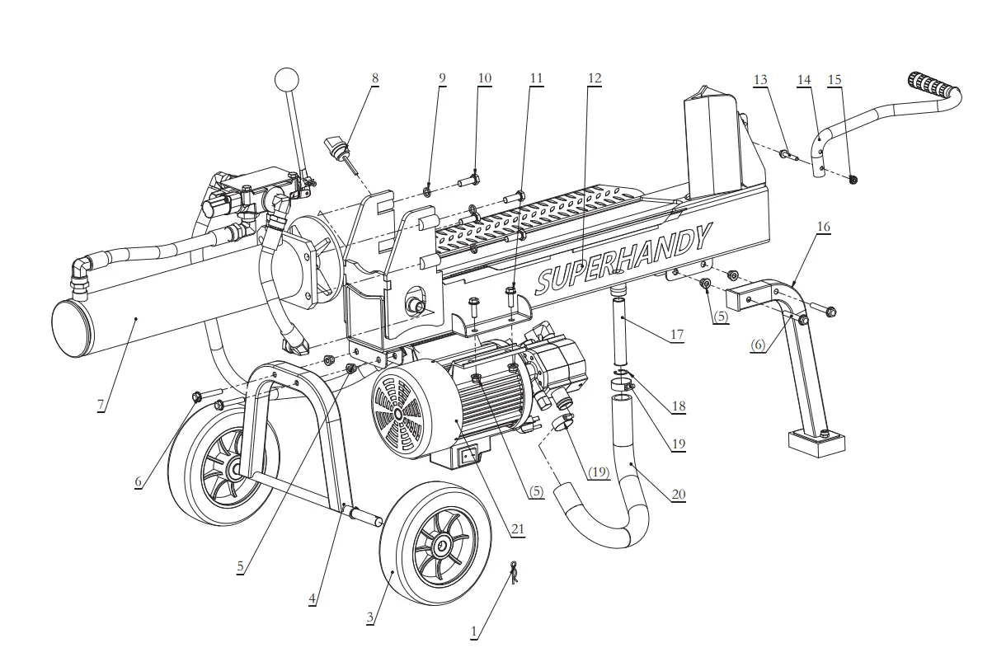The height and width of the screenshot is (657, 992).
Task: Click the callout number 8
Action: point(375,79)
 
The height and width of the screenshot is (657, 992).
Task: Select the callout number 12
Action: point(595,79)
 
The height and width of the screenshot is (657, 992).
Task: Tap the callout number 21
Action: point(518,530)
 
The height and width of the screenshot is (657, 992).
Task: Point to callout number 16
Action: point(823,227)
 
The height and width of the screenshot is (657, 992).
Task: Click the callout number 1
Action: point(474,632)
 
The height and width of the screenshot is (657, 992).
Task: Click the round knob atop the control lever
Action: point(286,81)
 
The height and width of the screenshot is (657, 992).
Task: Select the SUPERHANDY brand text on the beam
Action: point(623,258)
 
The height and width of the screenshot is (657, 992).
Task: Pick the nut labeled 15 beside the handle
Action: point(853,179)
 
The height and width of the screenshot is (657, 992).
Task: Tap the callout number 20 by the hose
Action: point(678,495)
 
